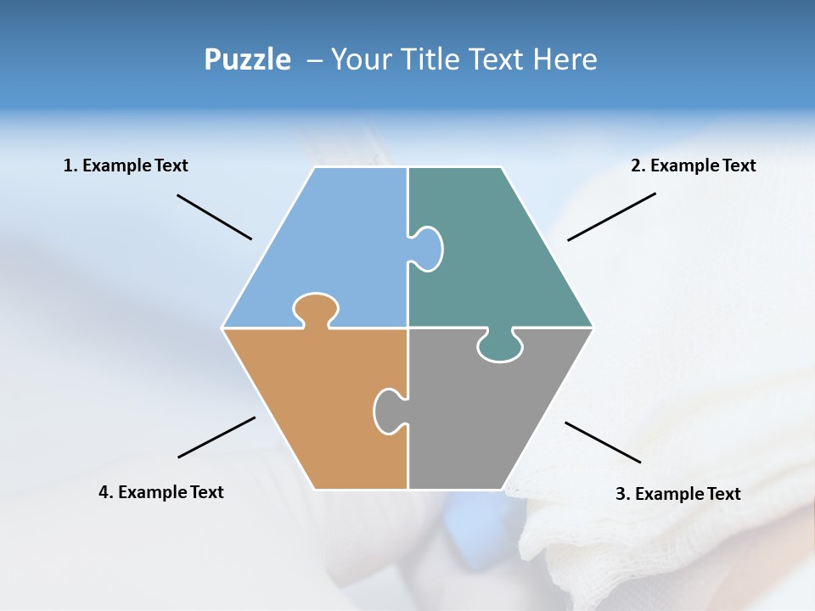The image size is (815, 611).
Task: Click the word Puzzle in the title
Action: (x=247, y=59)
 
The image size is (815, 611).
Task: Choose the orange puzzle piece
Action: (x=314, y=407)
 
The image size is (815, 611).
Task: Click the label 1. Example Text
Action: (x=126, y=165)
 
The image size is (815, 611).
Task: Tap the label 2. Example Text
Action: (x=693, y=165)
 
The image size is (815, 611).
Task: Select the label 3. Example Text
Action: (x=677, y=494)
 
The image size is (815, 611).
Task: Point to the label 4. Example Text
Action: (x=161, y=492)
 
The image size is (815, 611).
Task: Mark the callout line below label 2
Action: (x=611, y=216)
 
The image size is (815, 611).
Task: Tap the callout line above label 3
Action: (x=603, y=442)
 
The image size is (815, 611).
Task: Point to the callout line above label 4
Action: (x=216, y=437)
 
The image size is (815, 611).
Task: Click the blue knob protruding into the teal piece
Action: (x=427, y=249)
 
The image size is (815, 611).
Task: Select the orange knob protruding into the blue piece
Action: (x=316, y=308)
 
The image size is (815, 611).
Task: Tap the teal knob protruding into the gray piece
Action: (x=500, y=346)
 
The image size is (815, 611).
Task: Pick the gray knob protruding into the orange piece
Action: (x=388, y=410)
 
